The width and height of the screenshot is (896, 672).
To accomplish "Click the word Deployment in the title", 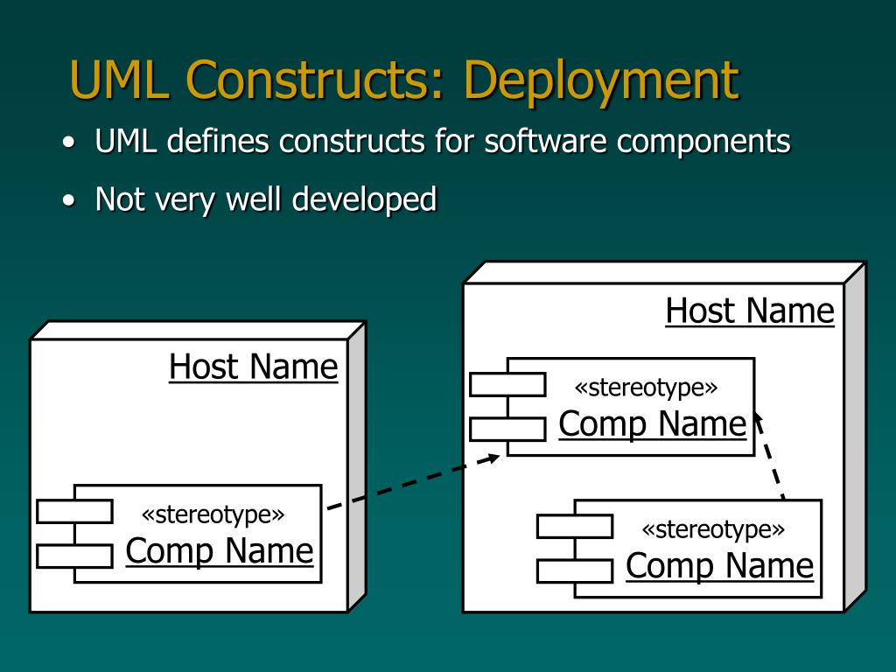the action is tap(602, 81).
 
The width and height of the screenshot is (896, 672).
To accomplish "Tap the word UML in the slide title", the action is tap(119, 79).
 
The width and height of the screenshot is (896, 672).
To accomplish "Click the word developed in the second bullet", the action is tap(364, 200).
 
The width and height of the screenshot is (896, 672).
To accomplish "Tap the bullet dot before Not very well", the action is tap(69, 200).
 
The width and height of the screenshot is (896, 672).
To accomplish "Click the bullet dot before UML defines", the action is tap(69, 143).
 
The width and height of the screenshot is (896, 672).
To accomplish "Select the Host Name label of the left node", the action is tap(254, 367).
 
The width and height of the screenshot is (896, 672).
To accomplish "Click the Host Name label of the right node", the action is tap(750, 311).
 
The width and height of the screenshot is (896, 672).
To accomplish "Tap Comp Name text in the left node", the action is tap(220, 552).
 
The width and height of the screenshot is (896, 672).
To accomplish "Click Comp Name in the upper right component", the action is tap(653, 424).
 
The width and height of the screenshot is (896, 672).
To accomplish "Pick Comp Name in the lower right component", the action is tap(719, 567).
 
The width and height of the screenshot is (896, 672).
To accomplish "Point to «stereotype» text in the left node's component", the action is tap(213, 514).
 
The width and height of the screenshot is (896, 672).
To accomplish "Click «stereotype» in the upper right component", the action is tap(646, 388).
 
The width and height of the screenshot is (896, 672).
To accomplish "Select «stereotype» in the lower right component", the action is tap(713, 529).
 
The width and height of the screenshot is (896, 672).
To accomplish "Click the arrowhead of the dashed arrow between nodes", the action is tap(492, 458).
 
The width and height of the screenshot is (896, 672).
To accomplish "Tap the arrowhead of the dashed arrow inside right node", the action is tap(758, 421).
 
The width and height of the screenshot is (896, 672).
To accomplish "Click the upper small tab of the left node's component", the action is tap(74, 511).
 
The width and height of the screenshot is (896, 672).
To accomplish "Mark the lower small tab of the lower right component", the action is tap(575, 571).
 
